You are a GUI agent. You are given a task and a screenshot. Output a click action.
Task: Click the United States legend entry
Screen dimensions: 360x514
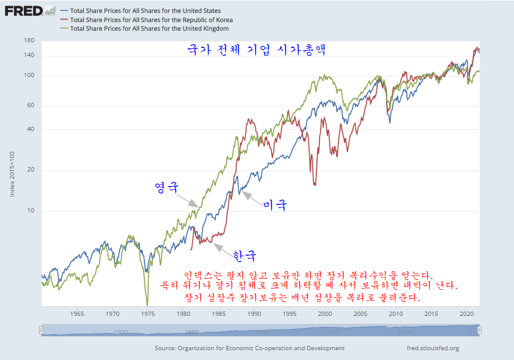pos(146,11)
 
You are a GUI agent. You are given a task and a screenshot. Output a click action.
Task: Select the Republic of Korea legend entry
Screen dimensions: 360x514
pos(151,20)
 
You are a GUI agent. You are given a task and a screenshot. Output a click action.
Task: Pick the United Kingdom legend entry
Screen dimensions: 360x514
pos(149,28)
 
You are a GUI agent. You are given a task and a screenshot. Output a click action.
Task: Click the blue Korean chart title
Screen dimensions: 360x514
pos(256,50)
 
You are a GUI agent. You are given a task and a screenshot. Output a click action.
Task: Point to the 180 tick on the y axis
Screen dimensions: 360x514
pos(29,40)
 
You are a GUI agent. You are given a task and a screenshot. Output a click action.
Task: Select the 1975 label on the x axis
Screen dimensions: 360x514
pos(148,314)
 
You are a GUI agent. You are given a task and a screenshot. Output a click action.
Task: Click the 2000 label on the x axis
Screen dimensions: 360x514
pos(325,314)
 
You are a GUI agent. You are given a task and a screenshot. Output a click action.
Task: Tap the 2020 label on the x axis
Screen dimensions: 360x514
pos(466,314)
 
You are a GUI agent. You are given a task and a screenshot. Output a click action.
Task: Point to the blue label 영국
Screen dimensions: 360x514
pos(166,187)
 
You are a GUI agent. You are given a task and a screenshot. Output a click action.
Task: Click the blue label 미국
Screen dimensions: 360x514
pos(275,205)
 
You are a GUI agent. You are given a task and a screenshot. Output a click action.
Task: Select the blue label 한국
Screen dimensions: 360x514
pos(244,255)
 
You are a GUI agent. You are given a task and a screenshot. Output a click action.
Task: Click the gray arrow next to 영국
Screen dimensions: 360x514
pos(188,199)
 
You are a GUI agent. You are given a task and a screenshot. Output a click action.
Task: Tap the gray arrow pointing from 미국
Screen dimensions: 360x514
pos(251,197)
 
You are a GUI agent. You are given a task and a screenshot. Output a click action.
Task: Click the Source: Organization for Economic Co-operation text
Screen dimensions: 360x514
pos(250,348)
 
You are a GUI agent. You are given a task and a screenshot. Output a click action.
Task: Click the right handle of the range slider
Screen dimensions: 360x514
pos(480,331)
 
